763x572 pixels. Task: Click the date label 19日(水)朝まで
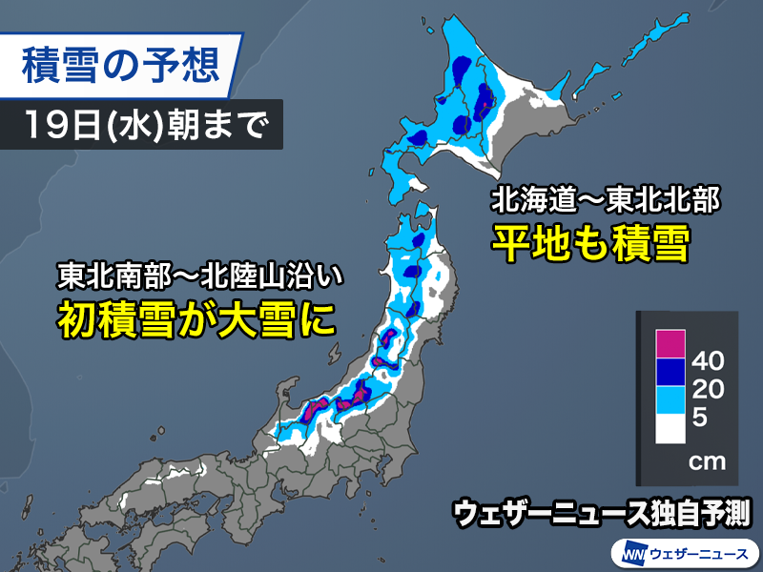click(141, 126)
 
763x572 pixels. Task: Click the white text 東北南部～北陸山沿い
click(198, 276)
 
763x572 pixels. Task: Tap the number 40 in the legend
click(711, 362)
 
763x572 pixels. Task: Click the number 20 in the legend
click(711, 389)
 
